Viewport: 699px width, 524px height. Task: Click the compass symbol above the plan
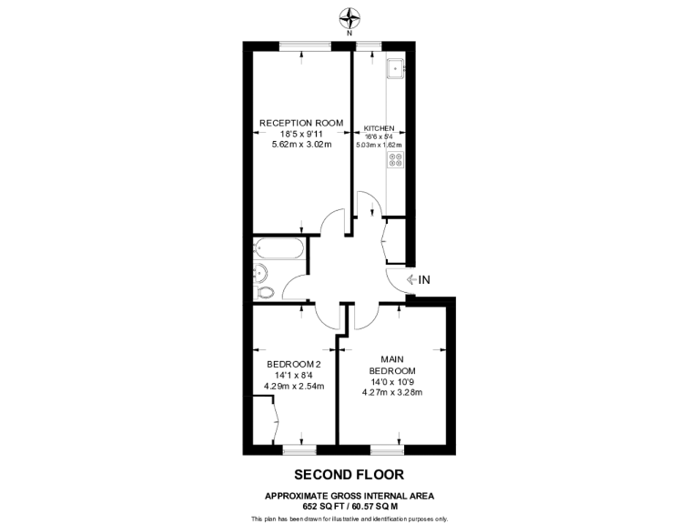[349, 15]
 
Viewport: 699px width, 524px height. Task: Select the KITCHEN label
[379, 128]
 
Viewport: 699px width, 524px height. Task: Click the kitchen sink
[396, 68]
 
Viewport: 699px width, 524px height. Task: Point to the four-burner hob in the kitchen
[396, 161]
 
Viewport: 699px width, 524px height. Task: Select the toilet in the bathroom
[265, 292]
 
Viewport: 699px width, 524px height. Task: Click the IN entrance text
[424, 279]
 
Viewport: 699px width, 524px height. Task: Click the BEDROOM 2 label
[288, 364]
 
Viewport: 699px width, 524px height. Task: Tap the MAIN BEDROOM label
[392, 364]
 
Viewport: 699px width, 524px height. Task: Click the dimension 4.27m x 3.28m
[392, 392]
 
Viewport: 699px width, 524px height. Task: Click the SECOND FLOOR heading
[349, 474]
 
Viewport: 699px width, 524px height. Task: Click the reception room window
[304, 45]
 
